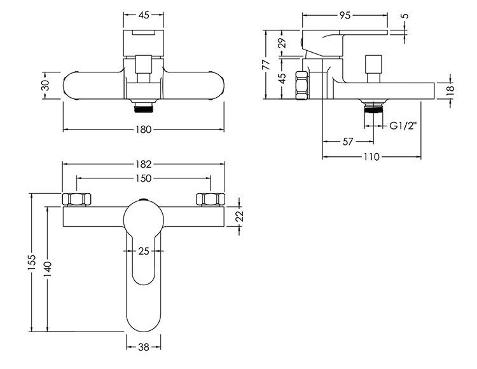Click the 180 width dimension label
click(144, 130)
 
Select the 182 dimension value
click(144, 164)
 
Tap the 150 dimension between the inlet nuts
click(144, 178)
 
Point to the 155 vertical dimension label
click(32, 263)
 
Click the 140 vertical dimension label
click(48, 269)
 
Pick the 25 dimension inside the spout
click(144, 251)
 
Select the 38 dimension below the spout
click(144, 347)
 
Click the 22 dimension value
click(240, 216)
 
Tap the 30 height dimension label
click(45, 85)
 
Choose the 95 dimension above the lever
click(345, 15)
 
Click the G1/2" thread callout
click(403, 126)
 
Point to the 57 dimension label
click(348, 142)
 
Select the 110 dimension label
click(372, 157)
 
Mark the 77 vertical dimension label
click(266, 65)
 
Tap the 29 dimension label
click(282, 43)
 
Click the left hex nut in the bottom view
click(77, 199)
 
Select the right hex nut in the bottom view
click(211, 199)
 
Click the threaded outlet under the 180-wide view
click(144, 107)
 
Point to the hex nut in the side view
click(302, 85)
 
